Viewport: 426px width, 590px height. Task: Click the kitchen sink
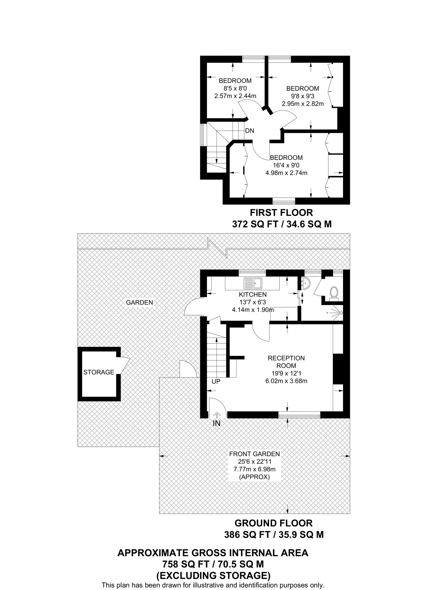(253, 283)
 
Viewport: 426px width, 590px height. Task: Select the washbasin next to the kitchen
(305, 283)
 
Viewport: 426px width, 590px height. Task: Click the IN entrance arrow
(217, 415)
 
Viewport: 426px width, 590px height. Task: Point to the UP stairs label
(216, 381)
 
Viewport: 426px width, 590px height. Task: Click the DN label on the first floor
(250, 131)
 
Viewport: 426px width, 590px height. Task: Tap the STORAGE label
(99, 372)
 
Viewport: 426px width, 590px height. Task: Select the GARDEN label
(139, 302)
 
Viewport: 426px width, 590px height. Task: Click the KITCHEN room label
(253, 294)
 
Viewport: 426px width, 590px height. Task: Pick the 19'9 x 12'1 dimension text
(286, 373)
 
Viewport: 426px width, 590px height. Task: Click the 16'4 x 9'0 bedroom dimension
(286, 165)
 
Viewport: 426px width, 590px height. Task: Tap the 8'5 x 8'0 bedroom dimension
(235, 88)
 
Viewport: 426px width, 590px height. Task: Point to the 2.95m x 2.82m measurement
(303, 104)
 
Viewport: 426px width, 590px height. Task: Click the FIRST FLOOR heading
(281, 213)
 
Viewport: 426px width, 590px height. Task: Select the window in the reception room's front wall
(299, 415)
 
